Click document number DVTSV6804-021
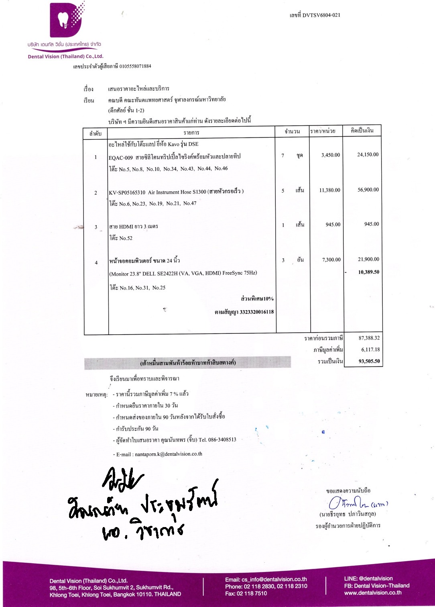pyautogui.click(x=321, y=15)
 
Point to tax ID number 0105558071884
pyautogui.click(x=135, y=66)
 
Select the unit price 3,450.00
pyautogui.click(x=330, y=155)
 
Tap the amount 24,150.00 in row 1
pyautogui.click(x=368, y=155)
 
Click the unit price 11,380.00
pyautogui.click(x=329, y=190)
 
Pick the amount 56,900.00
pyautogui.click(x=368, y=190)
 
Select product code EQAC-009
pyautogui.click(x=120, y=157)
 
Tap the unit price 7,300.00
pyautogui.click(x=331, y=260)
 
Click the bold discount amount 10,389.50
pyautogui.click(x=368, y=272)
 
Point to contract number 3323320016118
pyautogui.click(x=256, y=312)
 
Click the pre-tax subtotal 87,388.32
pyautogui.click(x=369, y=338)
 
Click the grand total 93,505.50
pyautogui.click(x=369, y=361)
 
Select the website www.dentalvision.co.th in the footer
pyautogui.click(x=373, y=593)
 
